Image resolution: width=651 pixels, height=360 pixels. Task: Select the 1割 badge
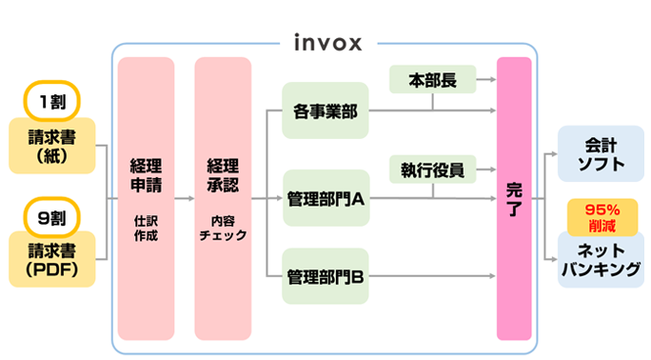[52, 101]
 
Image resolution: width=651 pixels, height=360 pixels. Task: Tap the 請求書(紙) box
[52, 146]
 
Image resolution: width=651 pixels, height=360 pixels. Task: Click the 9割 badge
[52, 216]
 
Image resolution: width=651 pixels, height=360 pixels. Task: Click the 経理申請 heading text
[146, 173]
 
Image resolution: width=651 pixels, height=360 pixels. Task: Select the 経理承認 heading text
[223, 173]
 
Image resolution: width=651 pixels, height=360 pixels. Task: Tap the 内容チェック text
[223, 226]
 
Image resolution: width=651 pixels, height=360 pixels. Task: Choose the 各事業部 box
[325, 110]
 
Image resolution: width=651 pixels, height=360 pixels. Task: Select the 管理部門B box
[325, 277]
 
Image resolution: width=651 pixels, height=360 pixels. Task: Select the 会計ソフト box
[601, 154]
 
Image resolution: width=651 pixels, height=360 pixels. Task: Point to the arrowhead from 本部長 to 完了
[491, 81]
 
